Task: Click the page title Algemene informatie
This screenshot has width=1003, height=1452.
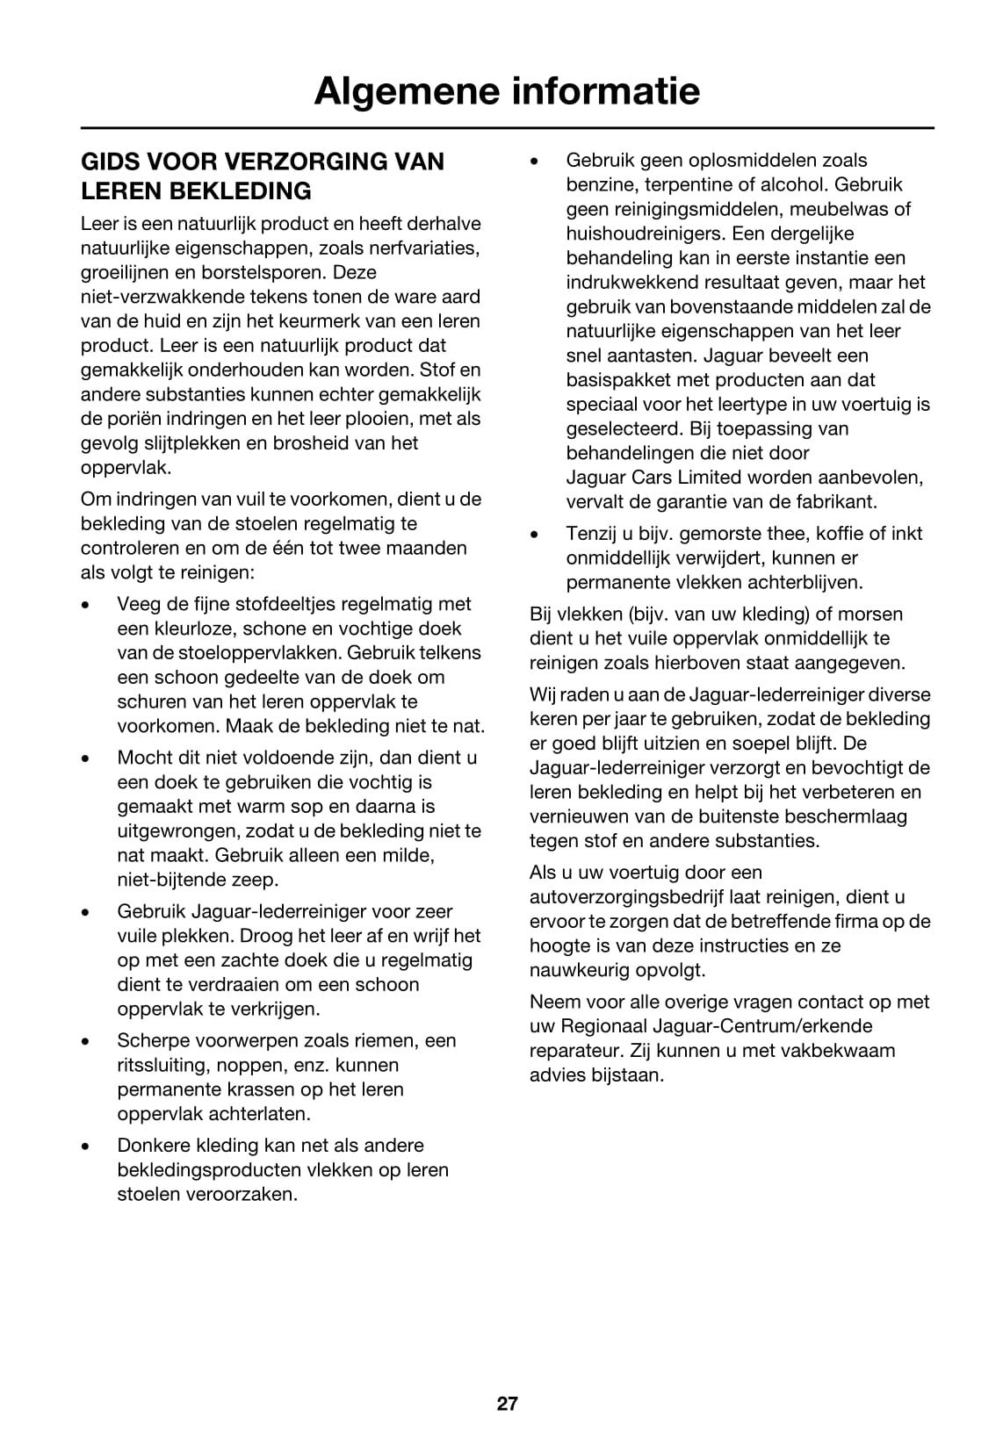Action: point(507,90)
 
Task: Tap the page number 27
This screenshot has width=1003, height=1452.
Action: point(507,1403)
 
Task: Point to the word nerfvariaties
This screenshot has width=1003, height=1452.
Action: point(428,248)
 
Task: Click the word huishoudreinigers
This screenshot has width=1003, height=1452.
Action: point(650,234)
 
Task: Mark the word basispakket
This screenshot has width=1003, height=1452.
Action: point(617,380)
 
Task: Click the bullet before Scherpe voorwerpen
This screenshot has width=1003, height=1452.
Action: point(85,1041)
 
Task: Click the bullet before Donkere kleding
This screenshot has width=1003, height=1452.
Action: point(85,1146)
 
